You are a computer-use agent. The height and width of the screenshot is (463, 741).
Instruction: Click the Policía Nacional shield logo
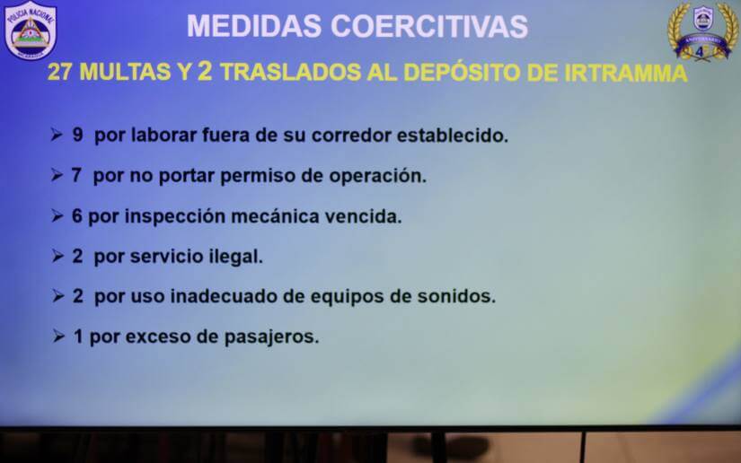click(31, 31)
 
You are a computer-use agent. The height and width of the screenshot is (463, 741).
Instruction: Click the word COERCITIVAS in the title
click(429, 26)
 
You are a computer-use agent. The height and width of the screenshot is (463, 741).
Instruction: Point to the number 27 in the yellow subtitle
click(60, 73)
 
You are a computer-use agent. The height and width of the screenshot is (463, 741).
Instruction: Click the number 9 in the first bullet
click(78, 136)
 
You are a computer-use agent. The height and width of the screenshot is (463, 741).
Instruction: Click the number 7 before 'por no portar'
click(78, 176)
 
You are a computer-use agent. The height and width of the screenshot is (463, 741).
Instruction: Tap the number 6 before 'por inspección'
click(78, 216)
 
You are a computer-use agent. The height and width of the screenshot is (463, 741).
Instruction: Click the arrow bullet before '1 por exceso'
click(57, 336)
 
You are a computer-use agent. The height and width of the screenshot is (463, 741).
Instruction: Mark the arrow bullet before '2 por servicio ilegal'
click(57, 256)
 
